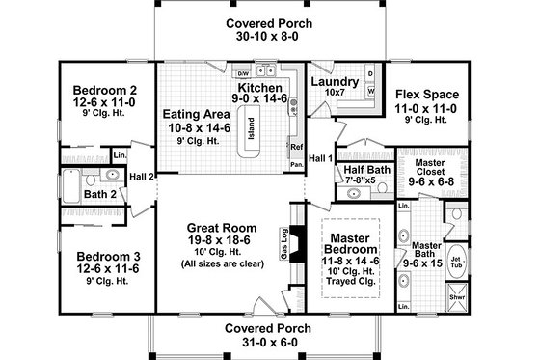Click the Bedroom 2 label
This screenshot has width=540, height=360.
point(99,93)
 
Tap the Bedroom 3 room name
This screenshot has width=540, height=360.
point(99,257)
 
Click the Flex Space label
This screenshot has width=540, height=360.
point(426,95)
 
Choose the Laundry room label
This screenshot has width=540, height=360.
point(336,82)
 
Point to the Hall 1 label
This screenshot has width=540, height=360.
point(320,157)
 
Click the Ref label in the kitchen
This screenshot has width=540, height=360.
point(296,146)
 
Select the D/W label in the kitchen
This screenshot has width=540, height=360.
point(244,73)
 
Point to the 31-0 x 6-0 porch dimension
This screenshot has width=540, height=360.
point(266,343)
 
